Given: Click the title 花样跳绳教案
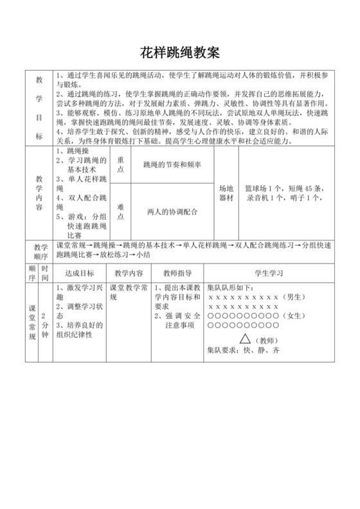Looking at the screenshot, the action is coord(179,51).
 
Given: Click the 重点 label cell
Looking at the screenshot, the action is coord(120,165).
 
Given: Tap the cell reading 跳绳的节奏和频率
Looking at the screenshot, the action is coord(172,165).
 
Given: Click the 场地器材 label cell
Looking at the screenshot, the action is coord(226,193).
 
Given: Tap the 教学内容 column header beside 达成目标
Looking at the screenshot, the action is coord(128,272).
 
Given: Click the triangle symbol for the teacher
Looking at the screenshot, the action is coord(246,337).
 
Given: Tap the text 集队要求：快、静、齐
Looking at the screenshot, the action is coord(242,351).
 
